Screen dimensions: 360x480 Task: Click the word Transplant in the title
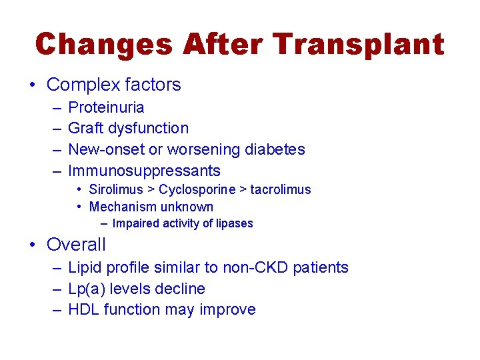point(359,45)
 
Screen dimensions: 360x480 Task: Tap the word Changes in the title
point(104,45)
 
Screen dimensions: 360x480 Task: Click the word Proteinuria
point(106,107)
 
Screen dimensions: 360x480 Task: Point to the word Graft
point(85,128)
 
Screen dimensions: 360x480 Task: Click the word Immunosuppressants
point(144,171)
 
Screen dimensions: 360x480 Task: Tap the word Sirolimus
point(115,190)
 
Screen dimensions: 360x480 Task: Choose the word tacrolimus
point(281,190)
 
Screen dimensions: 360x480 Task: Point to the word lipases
point(233,224)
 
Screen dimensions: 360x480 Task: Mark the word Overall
point(76,245)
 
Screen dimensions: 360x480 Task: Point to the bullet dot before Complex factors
point(33,85)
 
